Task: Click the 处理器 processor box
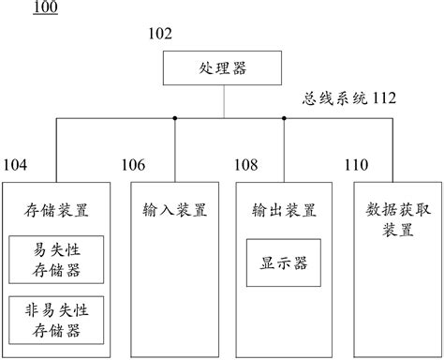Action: pos(223,68)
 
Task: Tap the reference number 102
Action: pos(160,35)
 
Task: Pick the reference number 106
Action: pos(133,166)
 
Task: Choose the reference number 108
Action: pos(245,166)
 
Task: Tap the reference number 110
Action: pos(356,166)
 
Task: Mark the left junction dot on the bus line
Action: pos(175,118)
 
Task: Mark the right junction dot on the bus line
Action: pos(283,118)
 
